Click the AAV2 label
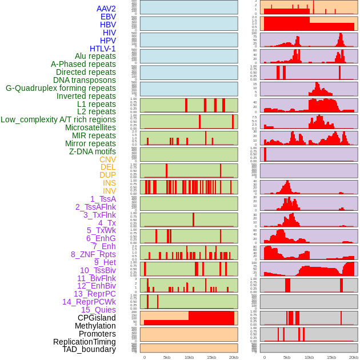click(x=106, y=9)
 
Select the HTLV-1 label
click(x=102, y=49)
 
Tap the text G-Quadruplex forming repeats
click(x=61, y=88)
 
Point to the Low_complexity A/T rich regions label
click(x=58, y=119)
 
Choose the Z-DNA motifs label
click(x=92, y=151)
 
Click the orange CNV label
click(x=107, y=159)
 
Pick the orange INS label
click(x=109, y=183)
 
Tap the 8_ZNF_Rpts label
click(x=93, y=254)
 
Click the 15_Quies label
click(x=98, y=310)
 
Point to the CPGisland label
click(x=97, y=318)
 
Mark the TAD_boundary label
click(x=89, y=349)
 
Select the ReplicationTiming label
click(x=84, y=342)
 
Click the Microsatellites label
click(x=90, y=127)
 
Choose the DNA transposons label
click(x=84, y=80)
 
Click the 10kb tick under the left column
click(x=189, y=357)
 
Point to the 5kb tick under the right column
click(x=286, y=357)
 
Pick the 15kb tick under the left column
click(x=211, y=357)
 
